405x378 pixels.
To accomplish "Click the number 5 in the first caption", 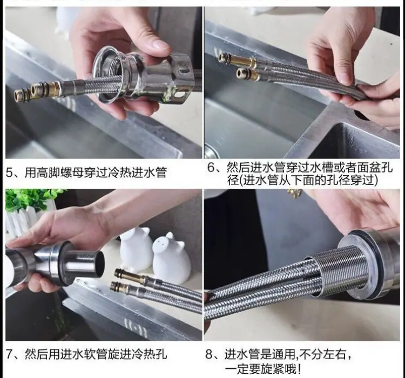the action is (10, 173).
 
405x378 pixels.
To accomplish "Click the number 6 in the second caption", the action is (211, 168).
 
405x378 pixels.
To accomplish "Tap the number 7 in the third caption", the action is (10, 354).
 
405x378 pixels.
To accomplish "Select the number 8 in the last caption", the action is (208, 354).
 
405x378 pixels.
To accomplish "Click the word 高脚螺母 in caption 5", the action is (60, 173).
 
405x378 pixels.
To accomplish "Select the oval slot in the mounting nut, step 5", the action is (184, 69).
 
